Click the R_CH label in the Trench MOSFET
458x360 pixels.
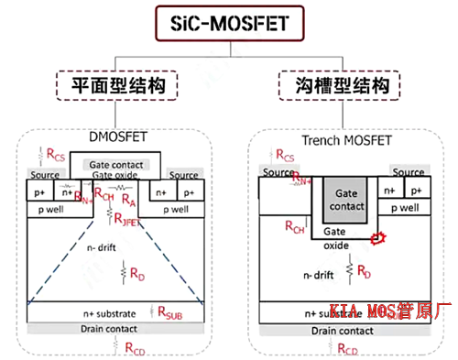294,227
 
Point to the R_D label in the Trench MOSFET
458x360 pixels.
364,271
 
